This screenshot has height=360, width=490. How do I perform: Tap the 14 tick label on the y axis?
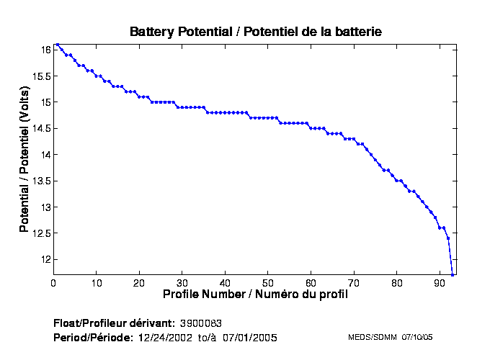click(x=45, y=155)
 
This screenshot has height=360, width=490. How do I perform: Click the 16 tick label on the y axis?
click(x=45, y=50)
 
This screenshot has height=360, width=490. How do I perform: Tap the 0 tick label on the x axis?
click(x=53, y=283)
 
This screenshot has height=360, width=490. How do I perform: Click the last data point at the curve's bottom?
click(x=453, y=274)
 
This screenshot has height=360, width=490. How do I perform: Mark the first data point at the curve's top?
click(x=58, y=44)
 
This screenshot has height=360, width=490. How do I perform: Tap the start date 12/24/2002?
click(x=164, y=338)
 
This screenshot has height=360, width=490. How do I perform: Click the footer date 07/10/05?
click(x=416, y=337)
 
